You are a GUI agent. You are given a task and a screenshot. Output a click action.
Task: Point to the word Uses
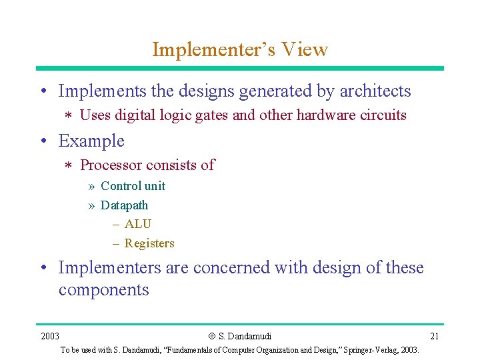pos(95,115)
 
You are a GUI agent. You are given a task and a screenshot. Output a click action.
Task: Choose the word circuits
pos(383,115)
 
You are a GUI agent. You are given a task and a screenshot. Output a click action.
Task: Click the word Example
pos(91,141)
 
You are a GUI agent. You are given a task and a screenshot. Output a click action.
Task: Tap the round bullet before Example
pos(43,142)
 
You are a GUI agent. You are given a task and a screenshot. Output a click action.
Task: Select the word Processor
pos(111,165)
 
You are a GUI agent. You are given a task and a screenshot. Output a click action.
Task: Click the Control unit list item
pos(133,186)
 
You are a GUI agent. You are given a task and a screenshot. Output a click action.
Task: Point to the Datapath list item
pos(124,205)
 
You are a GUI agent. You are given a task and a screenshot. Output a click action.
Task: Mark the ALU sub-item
pos(137,224)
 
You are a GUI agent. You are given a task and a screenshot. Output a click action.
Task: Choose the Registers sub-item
pos(149,243)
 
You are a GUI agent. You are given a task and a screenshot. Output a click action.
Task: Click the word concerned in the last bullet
pos(227,268)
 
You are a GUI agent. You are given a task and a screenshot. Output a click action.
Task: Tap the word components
pos(103,290)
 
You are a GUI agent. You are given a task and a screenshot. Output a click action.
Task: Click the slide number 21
pos(434,336)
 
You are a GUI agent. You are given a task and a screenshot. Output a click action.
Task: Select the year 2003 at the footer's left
pos(50,336)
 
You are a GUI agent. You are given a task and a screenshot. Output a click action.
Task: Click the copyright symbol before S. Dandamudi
pos(212,336)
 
